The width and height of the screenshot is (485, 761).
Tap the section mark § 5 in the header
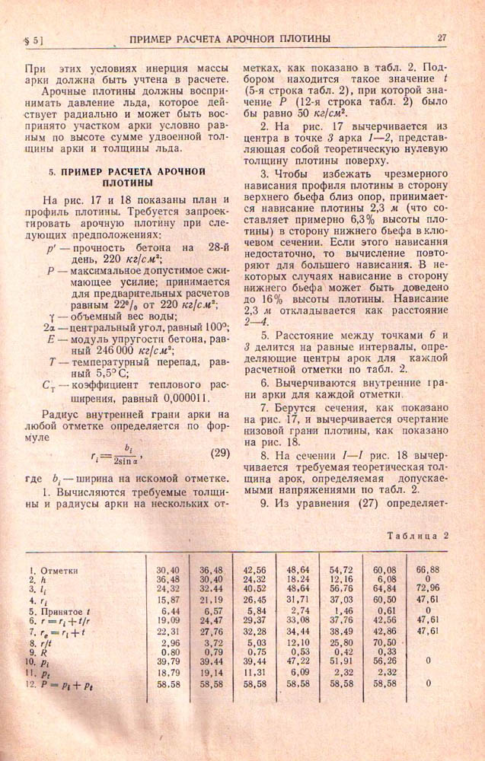coord(34,38)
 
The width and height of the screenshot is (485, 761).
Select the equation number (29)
coord(219,454)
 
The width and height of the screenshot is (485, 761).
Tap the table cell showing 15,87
coord(168,600)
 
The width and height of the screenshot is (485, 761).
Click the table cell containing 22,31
coord(168,632)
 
